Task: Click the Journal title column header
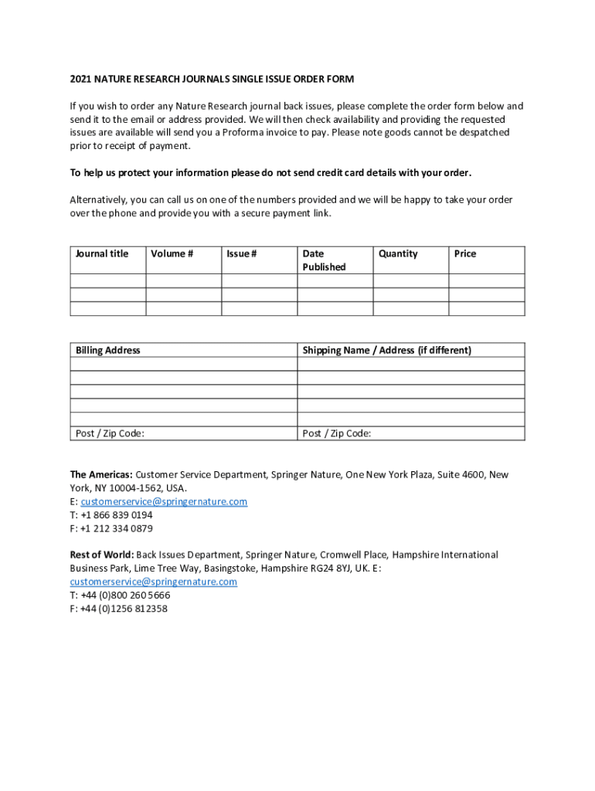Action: (x=102, y=253)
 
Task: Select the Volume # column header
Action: (x=172, y=253)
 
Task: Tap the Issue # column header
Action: (x=242, y=253)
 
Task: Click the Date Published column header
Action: (x=324, y=260)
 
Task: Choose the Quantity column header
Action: (x=398, y=253)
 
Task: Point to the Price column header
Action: (x=465, y=253)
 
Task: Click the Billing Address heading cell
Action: (x=108, y=350)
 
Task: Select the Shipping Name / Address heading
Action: (x=386, y=350)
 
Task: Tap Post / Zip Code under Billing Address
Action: (x=110, y=433)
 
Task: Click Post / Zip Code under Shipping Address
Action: (x=337, y=433)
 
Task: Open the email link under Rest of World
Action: (x=153, y=582)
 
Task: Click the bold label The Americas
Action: (x=101, y=474)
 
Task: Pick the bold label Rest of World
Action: (x=102, y=555)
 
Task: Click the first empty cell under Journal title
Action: (x=108, y=281)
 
